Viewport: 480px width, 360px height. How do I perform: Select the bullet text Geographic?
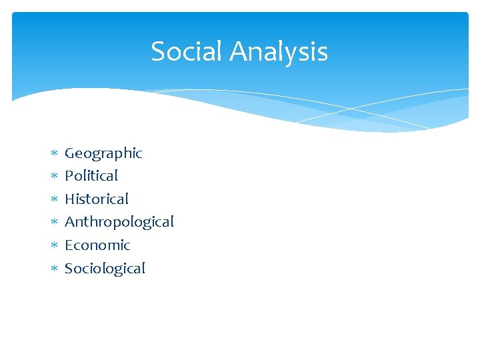[103, 153]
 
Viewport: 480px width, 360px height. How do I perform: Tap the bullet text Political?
[91, 176]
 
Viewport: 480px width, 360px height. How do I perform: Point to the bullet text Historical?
[97, 199]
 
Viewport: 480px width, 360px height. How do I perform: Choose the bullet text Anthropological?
[119, 222]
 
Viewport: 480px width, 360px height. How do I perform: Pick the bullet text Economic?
[97, 245]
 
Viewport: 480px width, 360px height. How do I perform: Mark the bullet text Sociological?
[105, 268]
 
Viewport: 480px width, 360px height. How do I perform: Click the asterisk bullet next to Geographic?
[54, 154]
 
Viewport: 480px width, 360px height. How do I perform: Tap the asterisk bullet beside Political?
[54, 177]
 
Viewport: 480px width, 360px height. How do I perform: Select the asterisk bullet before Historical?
[54, 199]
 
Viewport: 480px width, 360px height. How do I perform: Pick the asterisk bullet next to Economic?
[54, 245]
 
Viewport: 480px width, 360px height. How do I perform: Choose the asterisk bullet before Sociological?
[54, 269]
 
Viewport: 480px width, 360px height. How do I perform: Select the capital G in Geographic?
[69, 153]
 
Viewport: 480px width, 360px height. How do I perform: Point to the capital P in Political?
[69, 176]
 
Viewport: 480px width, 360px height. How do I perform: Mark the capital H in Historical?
[69, 199]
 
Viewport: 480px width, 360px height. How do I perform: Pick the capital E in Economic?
[69, 245]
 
